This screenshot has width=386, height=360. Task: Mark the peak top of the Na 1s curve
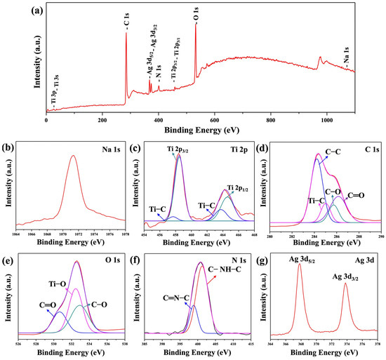coord(73,156)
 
